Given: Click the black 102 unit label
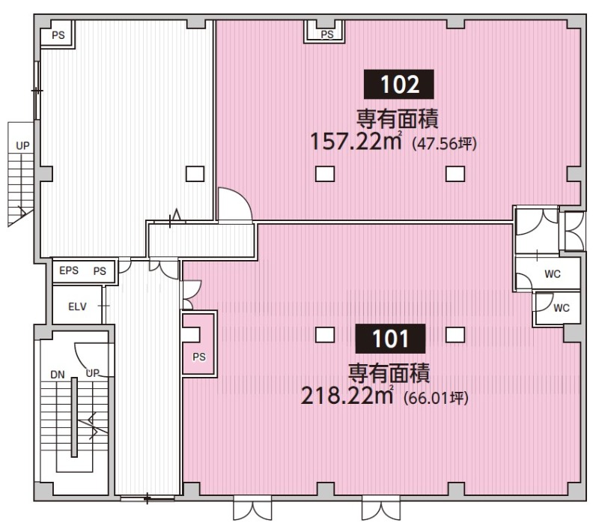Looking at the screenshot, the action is [398, 84].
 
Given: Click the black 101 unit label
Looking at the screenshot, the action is [390, 339].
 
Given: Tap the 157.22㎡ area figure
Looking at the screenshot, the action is [356, 141].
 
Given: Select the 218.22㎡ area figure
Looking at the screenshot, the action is [347, 396].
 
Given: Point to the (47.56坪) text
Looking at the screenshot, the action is [445, 144].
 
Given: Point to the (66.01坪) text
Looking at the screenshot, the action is [436, 399].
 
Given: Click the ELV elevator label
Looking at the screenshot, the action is [77, 306].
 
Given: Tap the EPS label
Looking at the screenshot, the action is [69, 270].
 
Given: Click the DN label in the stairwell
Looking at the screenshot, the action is [58, 375].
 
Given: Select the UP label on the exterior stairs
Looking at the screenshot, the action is [22, 145].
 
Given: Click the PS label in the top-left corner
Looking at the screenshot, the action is [58, 35].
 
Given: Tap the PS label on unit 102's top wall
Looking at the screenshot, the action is [327, 34].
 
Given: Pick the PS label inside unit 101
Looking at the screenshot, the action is [199, 357].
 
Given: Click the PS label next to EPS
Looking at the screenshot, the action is [100, 271].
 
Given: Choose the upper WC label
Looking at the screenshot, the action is [553, 273].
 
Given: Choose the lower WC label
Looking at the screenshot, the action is [561, 308].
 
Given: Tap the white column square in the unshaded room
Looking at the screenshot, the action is [195, 174].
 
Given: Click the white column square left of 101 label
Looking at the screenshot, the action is [325, 335].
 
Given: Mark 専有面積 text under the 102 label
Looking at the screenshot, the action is [398, 119].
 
